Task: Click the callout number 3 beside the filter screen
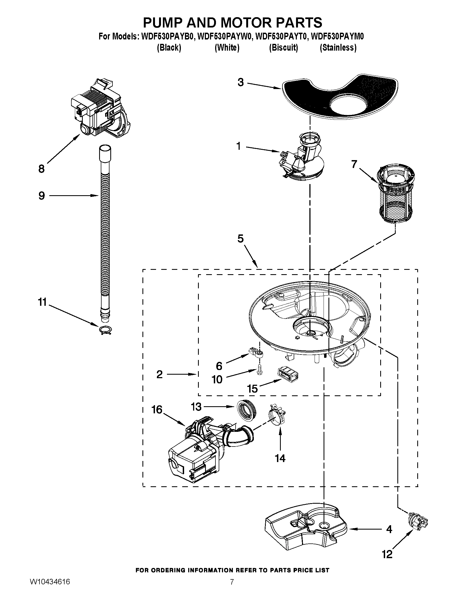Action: [x=240, y=82]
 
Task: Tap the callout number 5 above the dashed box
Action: [x=240, y=239]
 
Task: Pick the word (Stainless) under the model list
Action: [x=338, y=48]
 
